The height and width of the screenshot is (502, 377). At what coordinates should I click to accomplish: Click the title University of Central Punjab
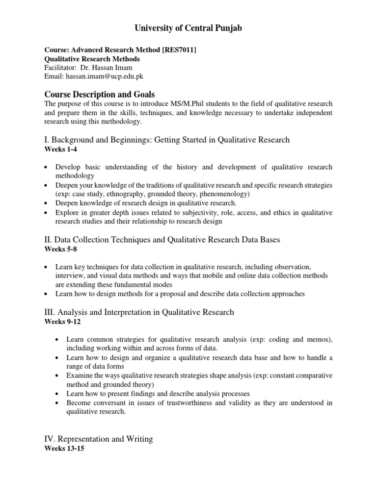pyautogui.click(x=188, y=29)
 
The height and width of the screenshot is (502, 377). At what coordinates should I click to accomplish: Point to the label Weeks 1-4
pyautogui.click(x=61, y=149)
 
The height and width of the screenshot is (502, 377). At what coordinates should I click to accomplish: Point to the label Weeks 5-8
pyautogui.click(x=61, y=249)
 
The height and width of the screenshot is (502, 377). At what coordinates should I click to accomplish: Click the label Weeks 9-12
pyautogui.click(x=63, y=322)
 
